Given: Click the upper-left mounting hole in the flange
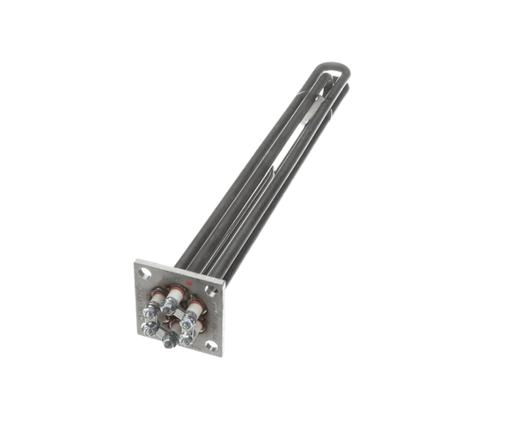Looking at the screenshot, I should [145, 272].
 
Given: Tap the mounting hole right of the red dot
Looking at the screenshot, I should [211, 291].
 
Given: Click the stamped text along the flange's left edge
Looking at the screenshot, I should [140, 300].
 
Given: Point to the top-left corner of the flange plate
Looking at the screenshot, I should [136, 260].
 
